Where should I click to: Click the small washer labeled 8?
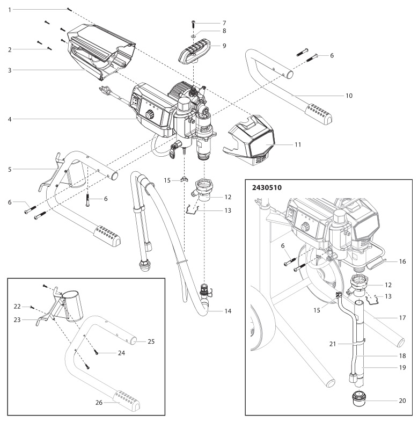click(194, 33)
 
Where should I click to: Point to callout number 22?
click(17, 306)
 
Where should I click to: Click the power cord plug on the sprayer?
click(103, 90)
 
